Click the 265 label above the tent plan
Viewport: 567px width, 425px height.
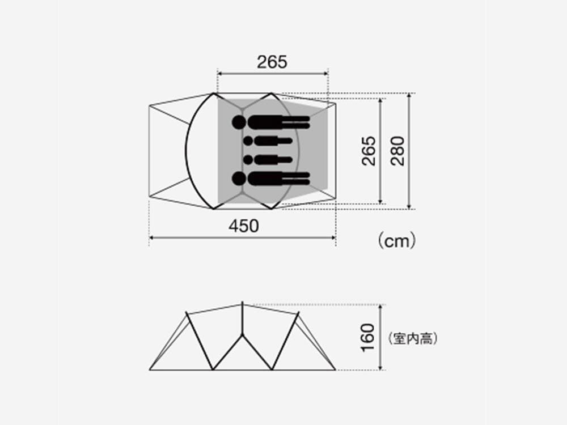tap(272, 62)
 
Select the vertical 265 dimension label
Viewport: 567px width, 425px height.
tap(369, 151)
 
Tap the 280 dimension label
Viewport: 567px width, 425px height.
tap(398, 151)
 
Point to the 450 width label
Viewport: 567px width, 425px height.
tap(244, 226)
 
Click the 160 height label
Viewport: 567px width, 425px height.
tap(368, 337)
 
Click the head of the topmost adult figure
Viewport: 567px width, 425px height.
tap(239, 122)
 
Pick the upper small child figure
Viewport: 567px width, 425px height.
tap(266, 141)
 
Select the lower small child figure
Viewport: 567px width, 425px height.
tap(266, 160)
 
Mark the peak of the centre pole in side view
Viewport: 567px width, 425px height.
tap(243, 304)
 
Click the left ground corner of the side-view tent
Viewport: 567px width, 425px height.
tap(150, 370)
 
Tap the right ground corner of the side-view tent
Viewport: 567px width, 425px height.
tap(336, 370)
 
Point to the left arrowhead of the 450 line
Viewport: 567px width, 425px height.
tap(151, 238)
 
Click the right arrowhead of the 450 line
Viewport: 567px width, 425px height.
tap(334, 238)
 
